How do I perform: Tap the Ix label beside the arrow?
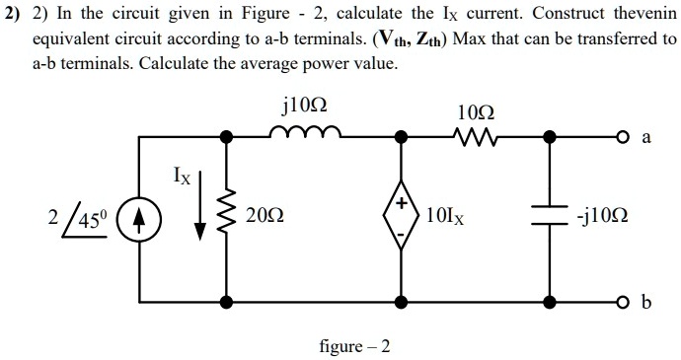point(183,179)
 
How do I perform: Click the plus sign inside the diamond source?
point(404,202)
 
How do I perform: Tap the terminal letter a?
point(648,138)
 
